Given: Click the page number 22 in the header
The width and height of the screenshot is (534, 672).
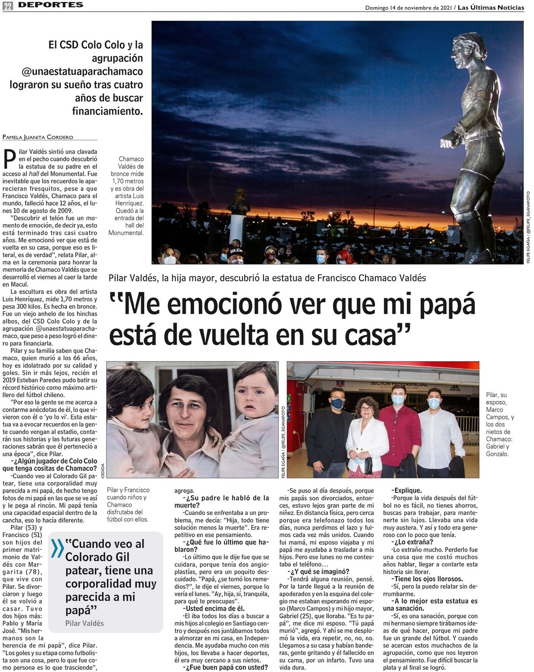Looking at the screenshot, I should [x=8, y=6].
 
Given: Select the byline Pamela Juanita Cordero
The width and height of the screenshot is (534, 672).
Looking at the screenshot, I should [x=38, y=137].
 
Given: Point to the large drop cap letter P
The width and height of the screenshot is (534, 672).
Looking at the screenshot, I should [x=9, y=159].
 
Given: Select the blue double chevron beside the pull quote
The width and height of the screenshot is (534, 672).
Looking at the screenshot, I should [x=58, y=548].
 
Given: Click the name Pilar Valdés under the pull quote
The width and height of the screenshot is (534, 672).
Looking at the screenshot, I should [x=85, y=623].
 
